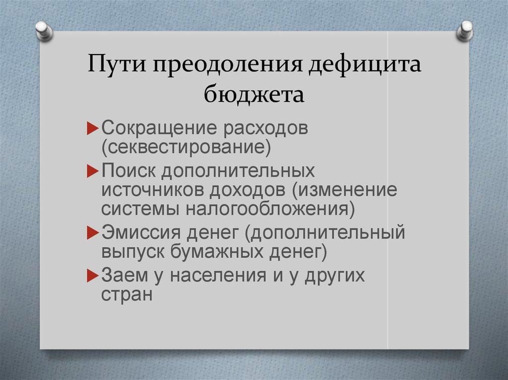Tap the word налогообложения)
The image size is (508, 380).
(270, 209)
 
